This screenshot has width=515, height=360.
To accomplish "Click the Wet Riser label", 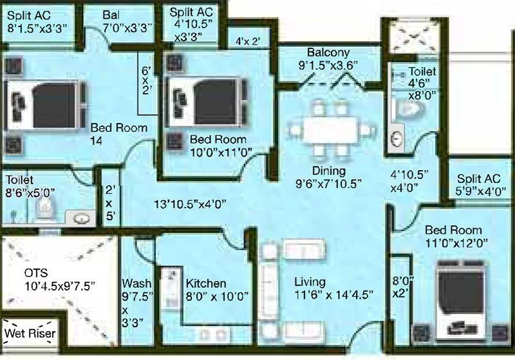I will [30, 334].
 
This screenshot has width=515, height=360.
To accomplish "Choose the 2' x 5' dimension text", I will [110, 202].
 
